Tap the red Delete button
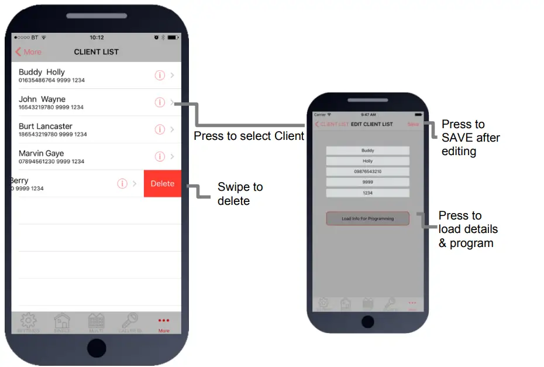tap(162, 184)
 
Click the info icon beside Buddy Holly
tap(160, 76)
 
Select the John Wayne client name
tap(42, 99)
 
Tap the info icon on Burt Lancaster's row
tap(160, 129)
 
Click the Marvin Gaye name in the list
tap(41, 153)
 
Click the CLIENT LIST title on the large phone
tap(96, 52)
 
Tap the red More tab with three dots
tap(164, 323)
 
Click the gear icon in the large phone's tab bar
tap(28, 322)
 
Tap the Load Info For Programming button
tap(367, 218)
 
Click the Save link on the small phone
tap(414, 124)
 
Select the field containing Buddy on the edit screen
tap(367, 150)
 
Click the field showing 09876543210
tap(367, 172)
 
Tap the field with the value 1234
tap(367, 193)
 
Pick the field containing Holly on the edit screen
tap(367, 161)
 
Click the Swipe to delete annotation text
tap(240, 194)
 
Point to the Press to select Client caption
tap(249, 136)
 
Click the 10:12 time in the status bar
tap(97, 37)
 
